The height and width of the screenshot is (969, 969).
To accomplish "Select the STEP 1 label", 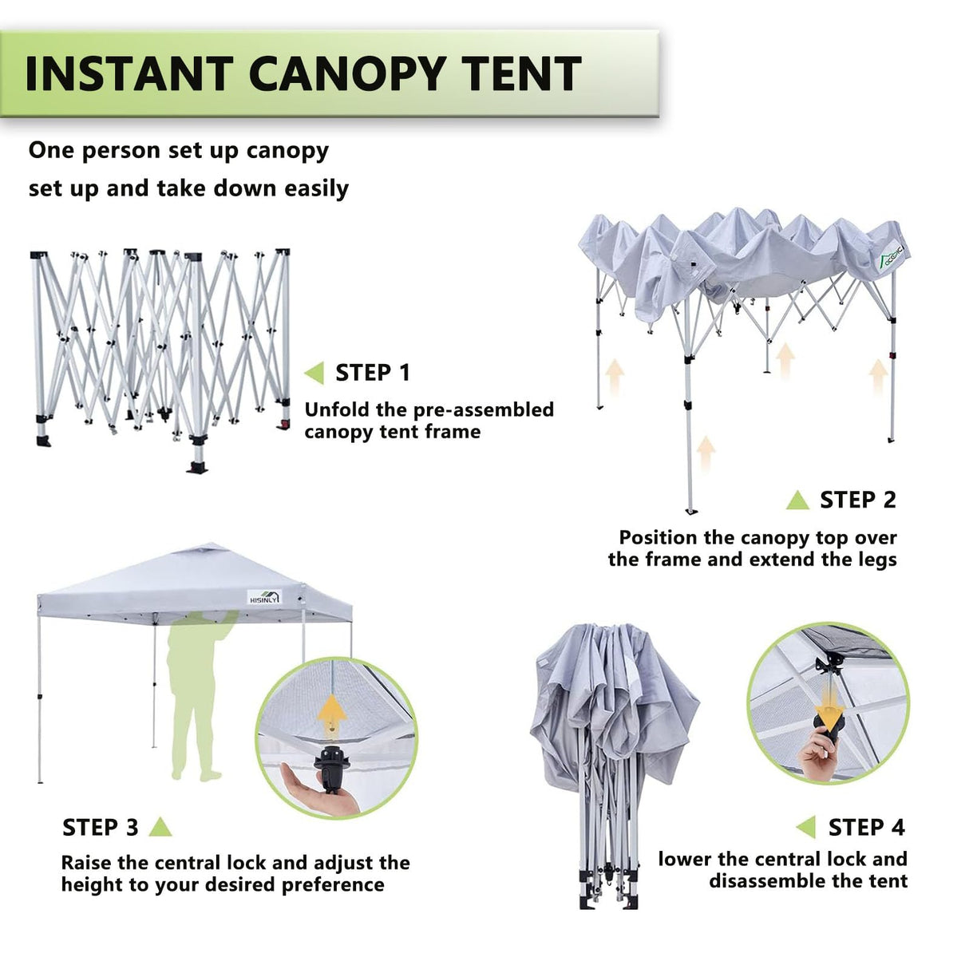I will [372, 373].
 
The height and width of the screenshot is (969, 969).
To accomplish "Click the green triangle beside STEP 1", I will [315, 373].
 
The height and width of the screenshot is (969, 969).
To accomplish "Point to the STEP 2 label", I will [858, 500].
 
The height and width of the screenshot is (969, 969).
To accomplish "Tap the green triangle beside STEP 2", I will [797, 500].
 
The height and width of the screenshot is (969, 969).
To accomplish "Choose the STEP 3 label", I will [101, 828].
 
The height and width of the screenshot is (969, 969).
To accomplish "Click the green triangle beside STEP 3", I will [160, 827].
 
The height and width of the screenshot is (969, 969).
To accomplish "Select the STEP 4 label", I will [866, 828].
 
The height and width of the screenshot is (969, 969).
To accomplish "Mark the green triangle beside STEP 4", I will [806, 828].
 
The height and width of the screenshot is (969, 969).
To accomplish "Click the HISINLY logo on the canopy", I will [263, 597].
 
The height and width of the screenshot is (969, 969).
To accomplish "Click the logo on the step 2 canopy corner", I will [884, 255].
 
